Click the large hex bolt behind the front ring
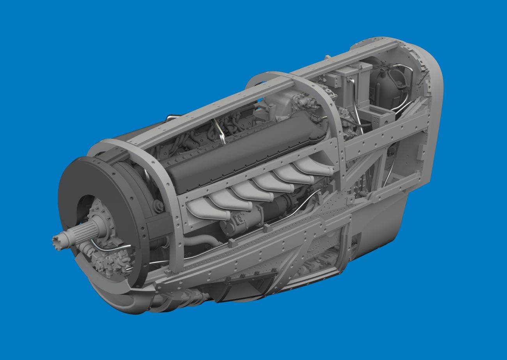pos(158,206)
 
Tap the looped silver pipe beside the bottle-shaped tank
pos(404,74)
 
